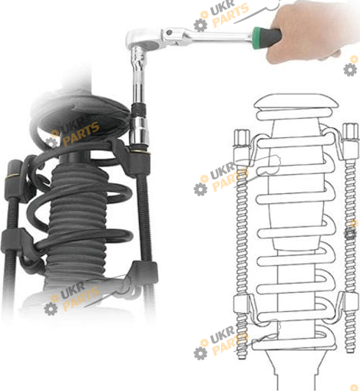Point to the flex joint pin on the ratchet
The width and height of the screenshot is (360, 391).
[169, 33]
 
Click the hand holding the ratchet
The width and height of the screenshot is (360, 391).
[312, 32]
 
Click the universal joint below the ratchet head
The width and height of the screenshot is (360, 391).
[138, 59]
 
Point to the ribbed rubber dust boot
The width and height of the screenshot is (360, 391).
[77, 220]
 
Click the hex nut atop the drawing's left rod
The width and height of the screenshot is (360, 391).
[242, 138]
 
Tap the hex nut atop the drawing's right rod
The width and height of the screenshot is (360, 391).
[350, 131]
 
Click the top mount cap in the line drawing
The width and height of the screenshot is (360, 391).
[296, 102]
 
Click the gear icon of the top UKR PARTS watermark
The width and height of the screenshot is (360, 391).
[200, 25]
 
